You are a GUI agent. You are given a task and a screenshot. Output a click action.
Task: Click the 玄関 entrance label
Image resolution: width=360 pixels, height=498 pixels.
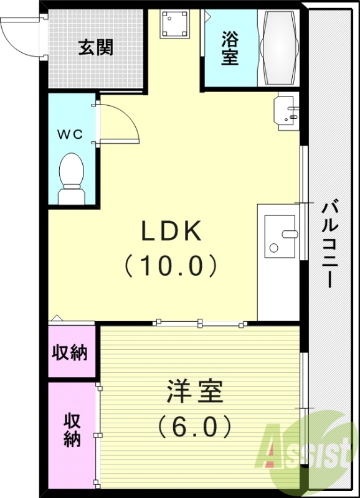(95, 47)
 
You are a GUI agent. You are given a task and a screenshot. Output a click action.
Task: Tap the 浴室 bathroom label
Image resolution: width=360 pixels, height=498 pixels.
(230, 49)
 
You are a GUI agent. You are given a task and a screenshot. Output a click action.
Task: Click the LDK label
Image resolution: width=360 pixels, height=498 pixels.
(171, 232)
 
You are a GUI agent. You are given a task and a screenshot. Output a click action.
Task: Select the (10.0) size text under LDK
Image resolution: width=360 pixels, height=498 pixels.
(171, 266)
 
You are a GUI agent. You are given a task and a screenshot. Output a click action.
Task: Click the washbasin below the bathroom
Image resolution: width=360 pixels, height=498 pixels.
(287, 111)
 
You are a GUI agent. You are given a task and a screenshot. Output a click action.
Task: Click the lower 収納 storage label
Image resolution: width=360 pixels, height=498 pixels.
(72, 430)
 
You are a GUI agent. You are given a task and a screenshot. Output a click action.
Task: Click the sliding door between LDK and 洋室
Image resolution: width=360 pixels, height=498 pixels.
(199, 322)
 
